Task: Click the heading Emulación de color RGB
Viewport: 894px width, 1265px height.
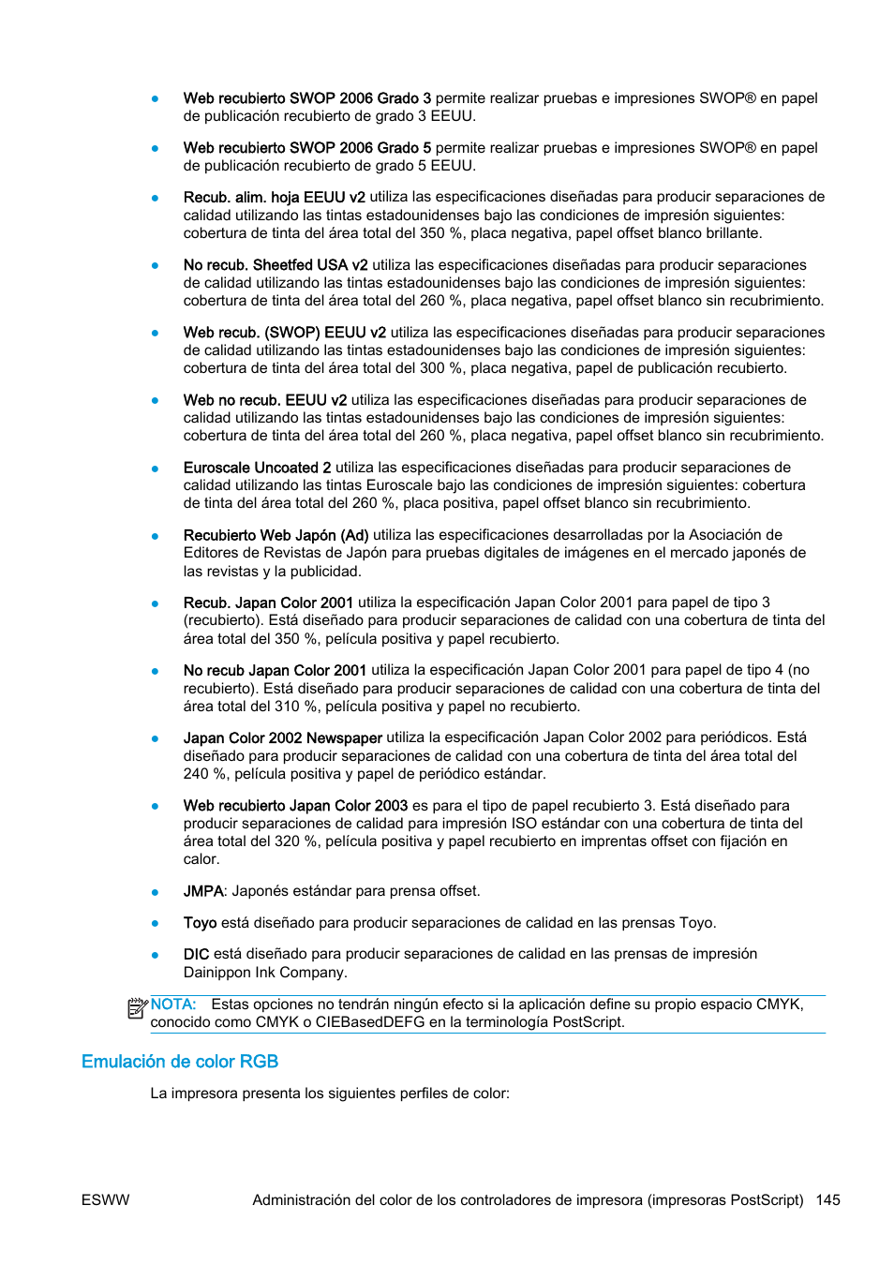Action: point(180,1062)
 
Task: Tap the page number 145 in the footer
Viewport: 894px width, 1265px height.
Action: point(827,1200)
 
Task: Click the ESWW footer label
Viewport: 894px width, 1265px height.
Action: point(106,1200)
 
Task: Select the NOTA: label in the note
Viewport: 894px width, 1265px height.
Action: point(173,1005)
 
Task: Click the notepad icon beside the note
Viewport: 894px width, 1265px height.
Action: point(137,1008)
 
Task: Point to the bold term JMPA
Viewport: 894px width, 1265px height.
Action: point(203,891)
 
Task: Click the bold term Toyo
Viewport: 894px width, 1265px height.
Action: point(200,923)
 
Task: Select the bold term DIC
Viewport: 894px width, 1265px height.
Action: point(196,954)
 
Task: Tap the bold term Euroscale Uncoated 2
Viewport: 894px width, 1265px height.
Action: point(257,468)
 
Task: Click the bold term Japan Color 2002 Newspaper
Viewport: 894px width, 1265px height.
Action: point(282,738)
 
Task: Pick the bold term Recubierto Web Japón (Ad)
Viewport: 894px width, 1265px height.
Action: point(276,535)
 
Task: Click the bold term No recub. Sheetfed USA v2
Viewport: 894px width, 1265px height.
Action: point(276,265)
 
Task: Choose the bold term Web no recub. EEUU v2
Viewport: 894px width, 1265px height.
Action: point(264,400)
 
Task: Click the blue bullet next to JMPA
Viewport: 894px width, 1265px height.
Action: point(156,892)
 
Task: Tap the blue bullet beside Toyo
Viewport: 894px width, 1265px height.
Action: point(156,924)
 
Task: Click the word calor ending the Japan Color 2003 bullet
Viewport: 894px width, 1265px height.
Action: point(201,859)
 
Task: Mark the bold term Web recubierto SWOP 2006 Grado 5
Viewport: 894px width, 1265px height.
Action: point(307,148)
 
